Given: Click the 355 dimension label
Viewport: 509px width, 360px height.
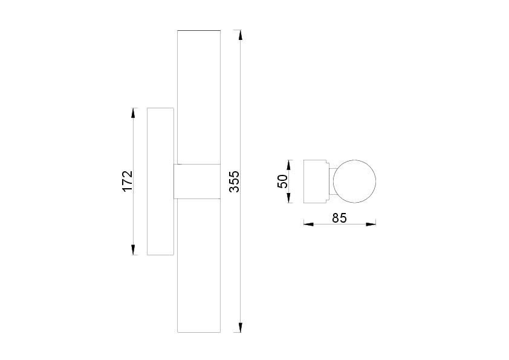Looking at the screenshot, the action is point(235,182).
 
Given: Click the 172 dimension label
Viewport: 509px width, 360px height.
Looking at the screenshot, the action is point(128,181).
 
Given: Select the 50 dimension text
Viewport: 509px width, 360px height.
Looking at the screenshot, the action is point(283,182).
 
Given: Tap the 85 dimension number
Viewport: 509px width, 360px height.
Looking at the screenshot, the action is point(340,218).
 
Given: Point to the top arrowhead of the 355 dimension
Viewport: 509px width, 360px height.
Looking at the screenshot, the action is point(240,35).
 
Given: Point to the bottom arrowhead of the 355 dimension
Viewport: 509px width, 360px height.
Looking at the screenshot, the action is point(240,327).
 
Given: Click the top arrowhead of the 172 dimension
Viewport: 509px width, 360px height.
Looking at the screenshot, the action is point(133,113).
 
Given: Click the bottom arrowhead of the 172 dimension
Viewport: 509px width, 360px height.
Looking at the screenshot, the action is point(133,249).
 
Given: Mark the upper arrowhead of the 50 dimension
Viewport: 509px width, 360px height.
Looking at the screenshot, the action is point(288,165).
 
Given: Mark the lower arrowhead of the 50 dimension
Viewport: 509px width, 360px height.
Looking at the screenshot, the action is point(288,198).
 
